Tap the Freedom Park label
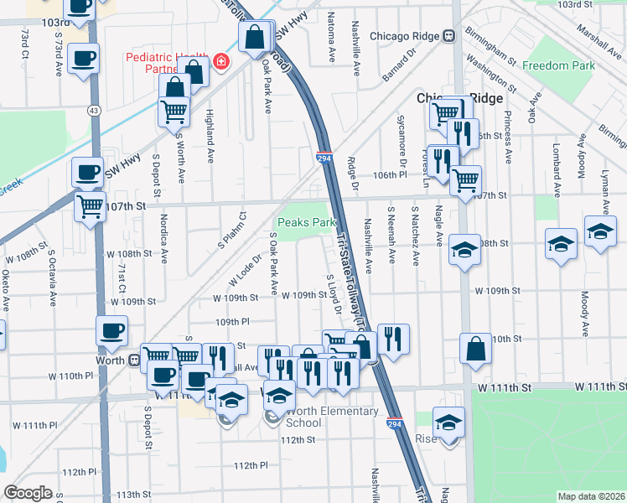pos(558,65)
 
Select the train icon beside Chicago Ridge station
pos(449,36)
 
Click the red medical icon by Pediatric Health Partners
pos(221,61)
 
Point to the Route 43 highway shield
pos(93,110)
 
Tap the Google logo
pos(28,493)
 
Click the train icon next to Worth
pos(133,360)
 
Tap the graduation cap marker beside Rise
pos(449,421)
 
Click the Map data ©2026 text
pos(591,496)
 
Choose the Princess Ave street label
pos(507,128)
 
